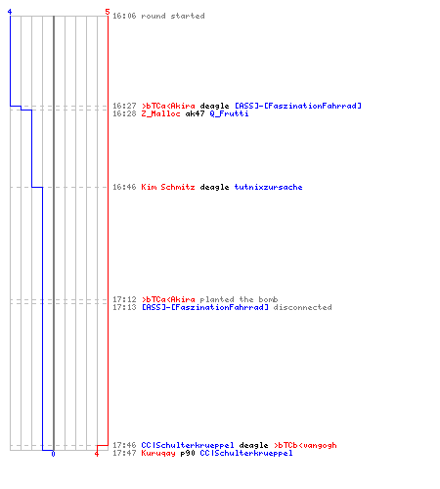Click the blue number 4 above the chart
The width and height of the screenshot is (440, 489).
click(x=10, y=12)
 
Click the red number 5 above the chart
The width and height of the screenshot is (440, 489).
click(x=108, y=12)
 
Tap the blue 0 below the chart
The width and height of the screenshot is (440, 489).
click(x=53, y=454)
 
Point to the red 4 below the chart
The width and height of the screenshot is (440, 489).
click(x=97, y=454)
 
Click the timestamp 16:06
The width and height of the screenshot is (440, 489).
click(x=124, y=16)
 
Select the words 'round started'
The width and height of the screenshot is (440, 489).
click(x=173, y=16)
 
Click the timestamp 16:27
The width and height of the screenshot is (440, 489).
click(x=124, y=106)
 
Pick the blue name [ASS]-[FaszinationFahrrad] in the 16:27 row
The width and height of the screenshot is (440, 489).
click(x=298, y=106)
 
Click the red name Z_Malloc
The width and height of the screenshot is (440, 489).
click(x=160, y=113)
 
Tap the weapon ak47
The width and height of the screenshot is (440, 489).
click(x=195, y=113)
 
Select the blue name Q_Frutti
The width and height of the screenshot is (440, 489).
click(x=229, y=113)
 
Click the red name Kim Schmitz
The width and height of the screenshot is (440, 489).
click(x=168, y=187)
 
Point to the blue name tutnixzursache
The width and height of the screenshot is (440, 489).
click(x=268, y=187)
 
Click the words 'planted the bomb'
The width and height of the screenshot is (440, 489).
click(x=239, y=299)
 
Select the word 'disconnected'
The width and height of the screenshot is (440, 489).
click(x=302, y=307)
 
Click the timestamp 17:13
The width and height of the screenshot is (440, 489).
click(x=124, y=307)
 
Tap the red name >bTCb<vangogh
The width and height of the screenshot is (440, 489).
click(x=305, y=445)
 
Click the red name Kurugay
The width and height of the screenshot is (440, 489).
click(x=158, y=454)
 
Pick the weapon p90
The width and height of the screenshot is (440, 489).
click(x=188, y=454)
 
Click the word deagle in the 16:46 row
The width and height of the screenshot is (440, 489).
click(x=214, y=187)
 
